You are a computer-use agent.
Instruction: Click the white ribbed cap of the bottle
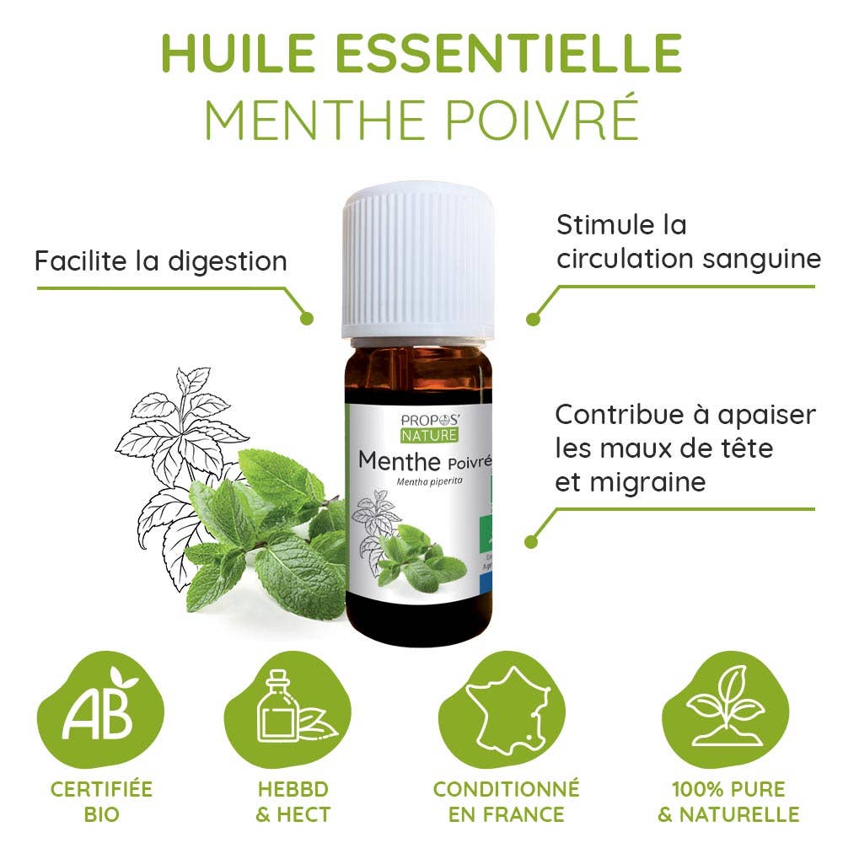tap(416, 261)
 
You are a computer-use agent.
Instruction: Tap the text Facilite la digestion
tap(160, 260)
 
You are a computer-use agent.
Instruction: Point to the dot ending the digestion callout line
tap(307, 319)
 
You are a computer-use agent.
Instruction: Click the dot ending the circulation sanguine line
tap(532, 319)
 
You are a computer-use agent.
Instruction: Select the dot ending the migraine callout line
tap(531, 542)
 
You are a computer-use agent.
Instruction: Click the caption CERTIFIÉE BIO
tap(101, 802)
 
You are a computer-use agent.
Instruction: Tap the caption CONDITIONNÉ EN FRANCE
tap(506, 802)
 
